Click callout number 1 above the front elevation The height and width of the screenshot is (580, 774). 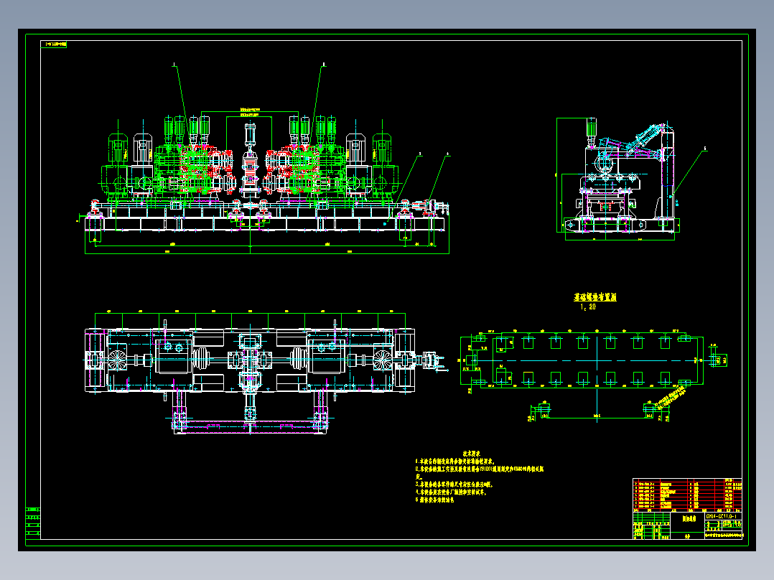pos(174,64)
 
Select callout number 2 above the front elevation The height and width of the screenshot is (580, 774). pos(322,64)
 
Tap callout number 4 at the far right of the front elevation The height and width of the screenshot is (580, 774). pos(448,153)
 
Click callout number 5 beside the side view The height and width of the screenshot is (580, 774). pos(704,149)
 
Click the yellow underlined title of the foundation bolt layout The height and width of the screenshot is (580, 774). pos(595,296)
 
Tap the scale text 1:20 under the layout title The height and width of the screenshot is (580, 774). pos(588,307)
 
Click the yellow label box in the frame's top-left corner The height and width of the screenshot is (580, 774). pos(55,44)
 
